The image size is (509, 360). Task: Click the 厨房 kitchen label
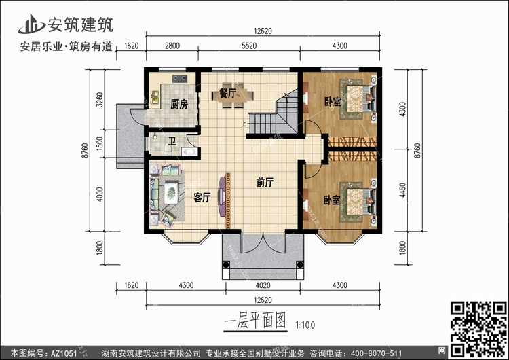tap(179, 104)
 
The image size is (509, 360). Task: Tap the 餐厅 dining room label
tap(227, 93)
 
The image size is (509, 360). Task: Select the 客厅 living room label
tap(202, 197)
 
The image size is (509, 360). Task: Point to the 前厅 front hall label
tap(265, 183)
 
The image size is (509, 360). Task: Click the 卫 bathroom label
tap(172, 141)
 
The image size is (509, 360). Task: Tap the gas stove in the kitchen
tap(180, 78)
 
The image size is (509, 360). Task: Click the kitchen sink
tap(155, 97)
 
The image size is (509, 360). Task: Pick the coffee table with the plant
tap(171, 193)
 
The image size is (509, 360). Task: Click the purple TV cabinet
tap(222, 196)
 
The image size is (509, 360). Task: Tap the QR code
tap(478, 329)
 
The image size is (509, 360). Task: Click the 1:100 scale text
tap(305, 325)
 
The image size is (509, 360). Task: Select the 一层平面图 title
tap(255, 321)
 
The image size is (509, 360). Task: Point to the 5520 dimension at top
tap(249, 46)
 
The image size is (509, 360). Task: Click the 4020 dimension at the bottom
tap(263, 285)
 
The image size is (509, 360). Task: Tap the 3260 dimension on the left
tap(100, 100)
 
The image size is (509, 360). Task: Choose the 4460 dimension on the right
tap(402, 190)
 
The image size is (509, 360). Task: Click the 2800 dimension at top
tap(172, 46)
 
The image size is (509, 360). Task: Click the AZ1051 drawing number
tap(64, 353)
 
